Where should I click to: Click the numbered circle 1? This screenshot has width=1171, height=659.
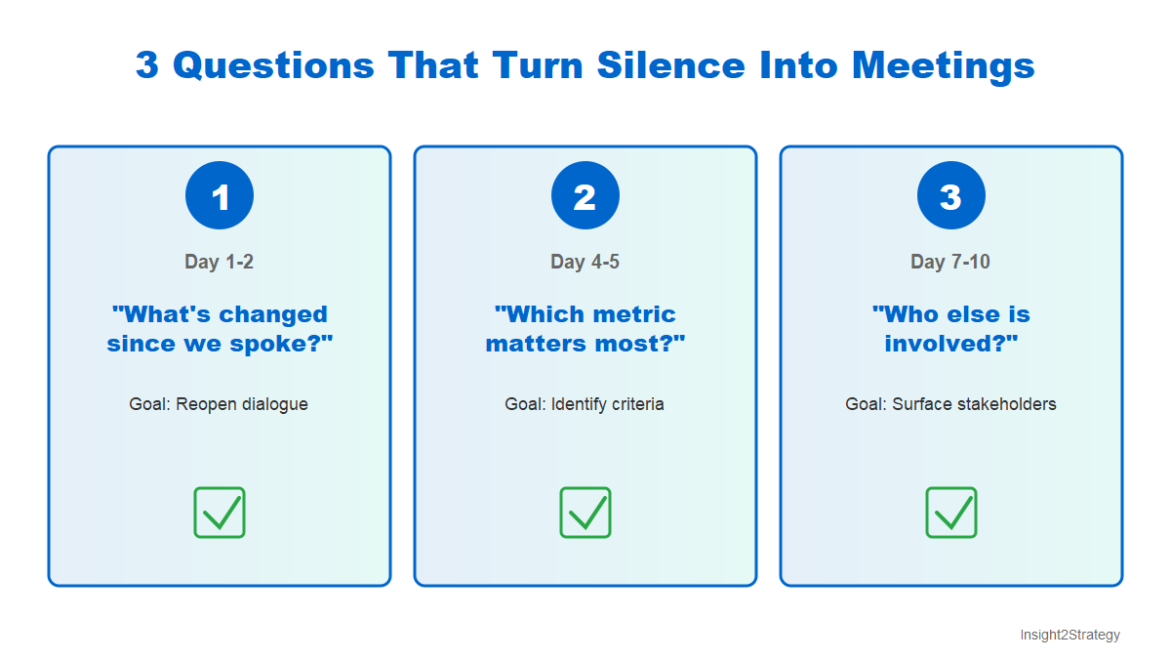[220, 196]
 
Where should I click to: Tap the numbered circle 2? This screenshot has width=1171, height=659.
[585, 196]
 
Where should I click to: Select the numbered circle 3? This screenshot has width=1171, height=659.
[951, 196]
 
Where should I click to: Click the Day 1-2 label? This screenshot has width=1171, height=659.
[220, 262]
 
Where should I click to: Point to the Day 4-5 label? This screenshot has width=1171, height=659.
[585, 262]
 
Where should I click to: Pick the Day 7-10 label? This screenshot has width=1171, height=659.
[951, 262]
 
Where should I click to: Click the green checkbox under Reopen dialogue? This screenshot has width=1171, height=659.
[220, 513]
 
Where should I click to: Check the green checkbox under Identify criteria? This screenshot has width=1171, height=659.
[585, 513]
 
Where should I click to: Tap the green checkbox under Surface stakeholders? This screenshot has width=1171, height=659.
[951, 513]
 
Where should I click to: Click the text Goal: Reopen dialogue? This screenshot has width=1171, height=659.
[220, 404]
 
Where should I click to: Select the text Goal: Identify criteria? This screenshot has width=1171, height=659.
[585, 404]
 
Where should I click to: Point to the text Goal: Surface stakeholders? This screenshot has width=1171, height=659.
[951, 404]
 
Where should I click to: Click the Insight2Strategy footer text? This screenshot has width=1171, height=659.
[1070, 635]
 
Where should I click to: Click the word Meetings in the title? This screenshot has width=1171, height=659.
[943, 65]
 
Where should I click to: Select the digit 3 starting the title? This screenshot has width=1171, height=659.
[146, 65]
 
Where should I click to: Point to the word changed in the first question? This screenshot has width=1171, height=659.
[273, 315]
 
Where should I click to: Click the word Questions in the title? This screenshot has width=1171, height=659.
[273, 65]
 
